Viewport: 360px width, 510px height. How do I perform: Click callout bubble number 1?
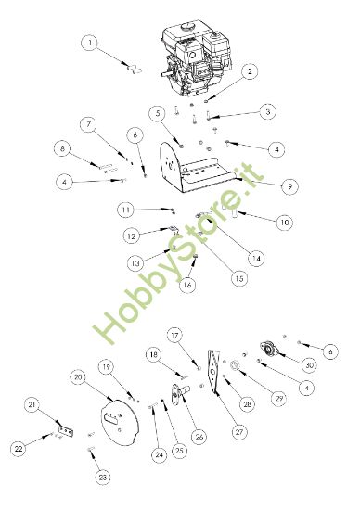pos(89,42)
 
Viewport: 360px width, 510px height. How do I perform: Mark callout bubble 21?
pos(32,404)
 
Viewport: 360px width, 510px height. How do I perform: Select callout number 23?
pos(103,477)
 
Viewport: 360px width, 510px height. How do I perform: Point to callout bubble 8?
pos(62,148)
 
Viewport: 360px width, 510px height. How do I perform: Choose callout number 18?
pos(153,355)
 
